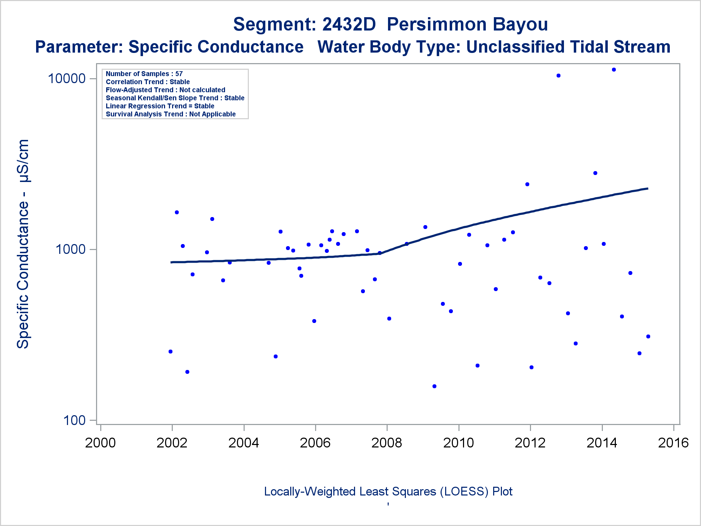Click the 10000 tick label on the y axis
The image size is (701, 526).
[x=67, y=78]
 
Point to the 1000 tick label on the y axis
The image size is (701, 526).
[x=71, y=249]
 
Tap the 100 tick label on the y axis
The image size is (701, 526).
[x=75, y=420]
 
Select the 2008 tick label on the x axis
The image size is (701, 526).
[x=387, y=443]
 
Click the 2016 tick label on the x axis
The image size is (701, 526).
[x=673, y=443]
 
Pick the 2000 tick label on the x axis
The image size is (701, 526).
[x=101, y=443]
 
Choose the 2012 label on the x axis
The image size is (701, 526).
[x=530, y=443]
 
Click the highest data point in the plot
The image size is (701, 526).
[x=614, y=70]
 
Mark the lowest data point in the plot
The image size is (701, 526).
[x=434, y=386]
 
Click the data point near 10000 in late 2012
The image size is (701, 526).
[x=558, y=75]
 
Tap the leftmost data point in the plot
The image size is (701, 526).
[x=170, y=351]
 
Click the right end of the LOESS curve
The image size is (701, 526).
[x=648, y=188]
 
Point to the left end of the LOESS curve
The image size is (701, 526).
[x=171, y=262]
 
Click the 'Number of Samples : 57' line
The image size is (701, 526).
[x=144, y=74]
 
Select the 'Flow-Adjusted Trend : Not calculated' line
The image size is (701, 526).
[x=165, y=90]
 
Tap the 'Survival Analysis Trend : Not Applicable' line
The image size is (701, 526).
[x=171, y=114]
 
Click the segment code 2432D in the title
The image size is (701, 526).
[x=349, y=24]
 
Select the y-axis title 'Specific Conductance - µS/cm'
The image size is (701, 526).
[x=23, y=244]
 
